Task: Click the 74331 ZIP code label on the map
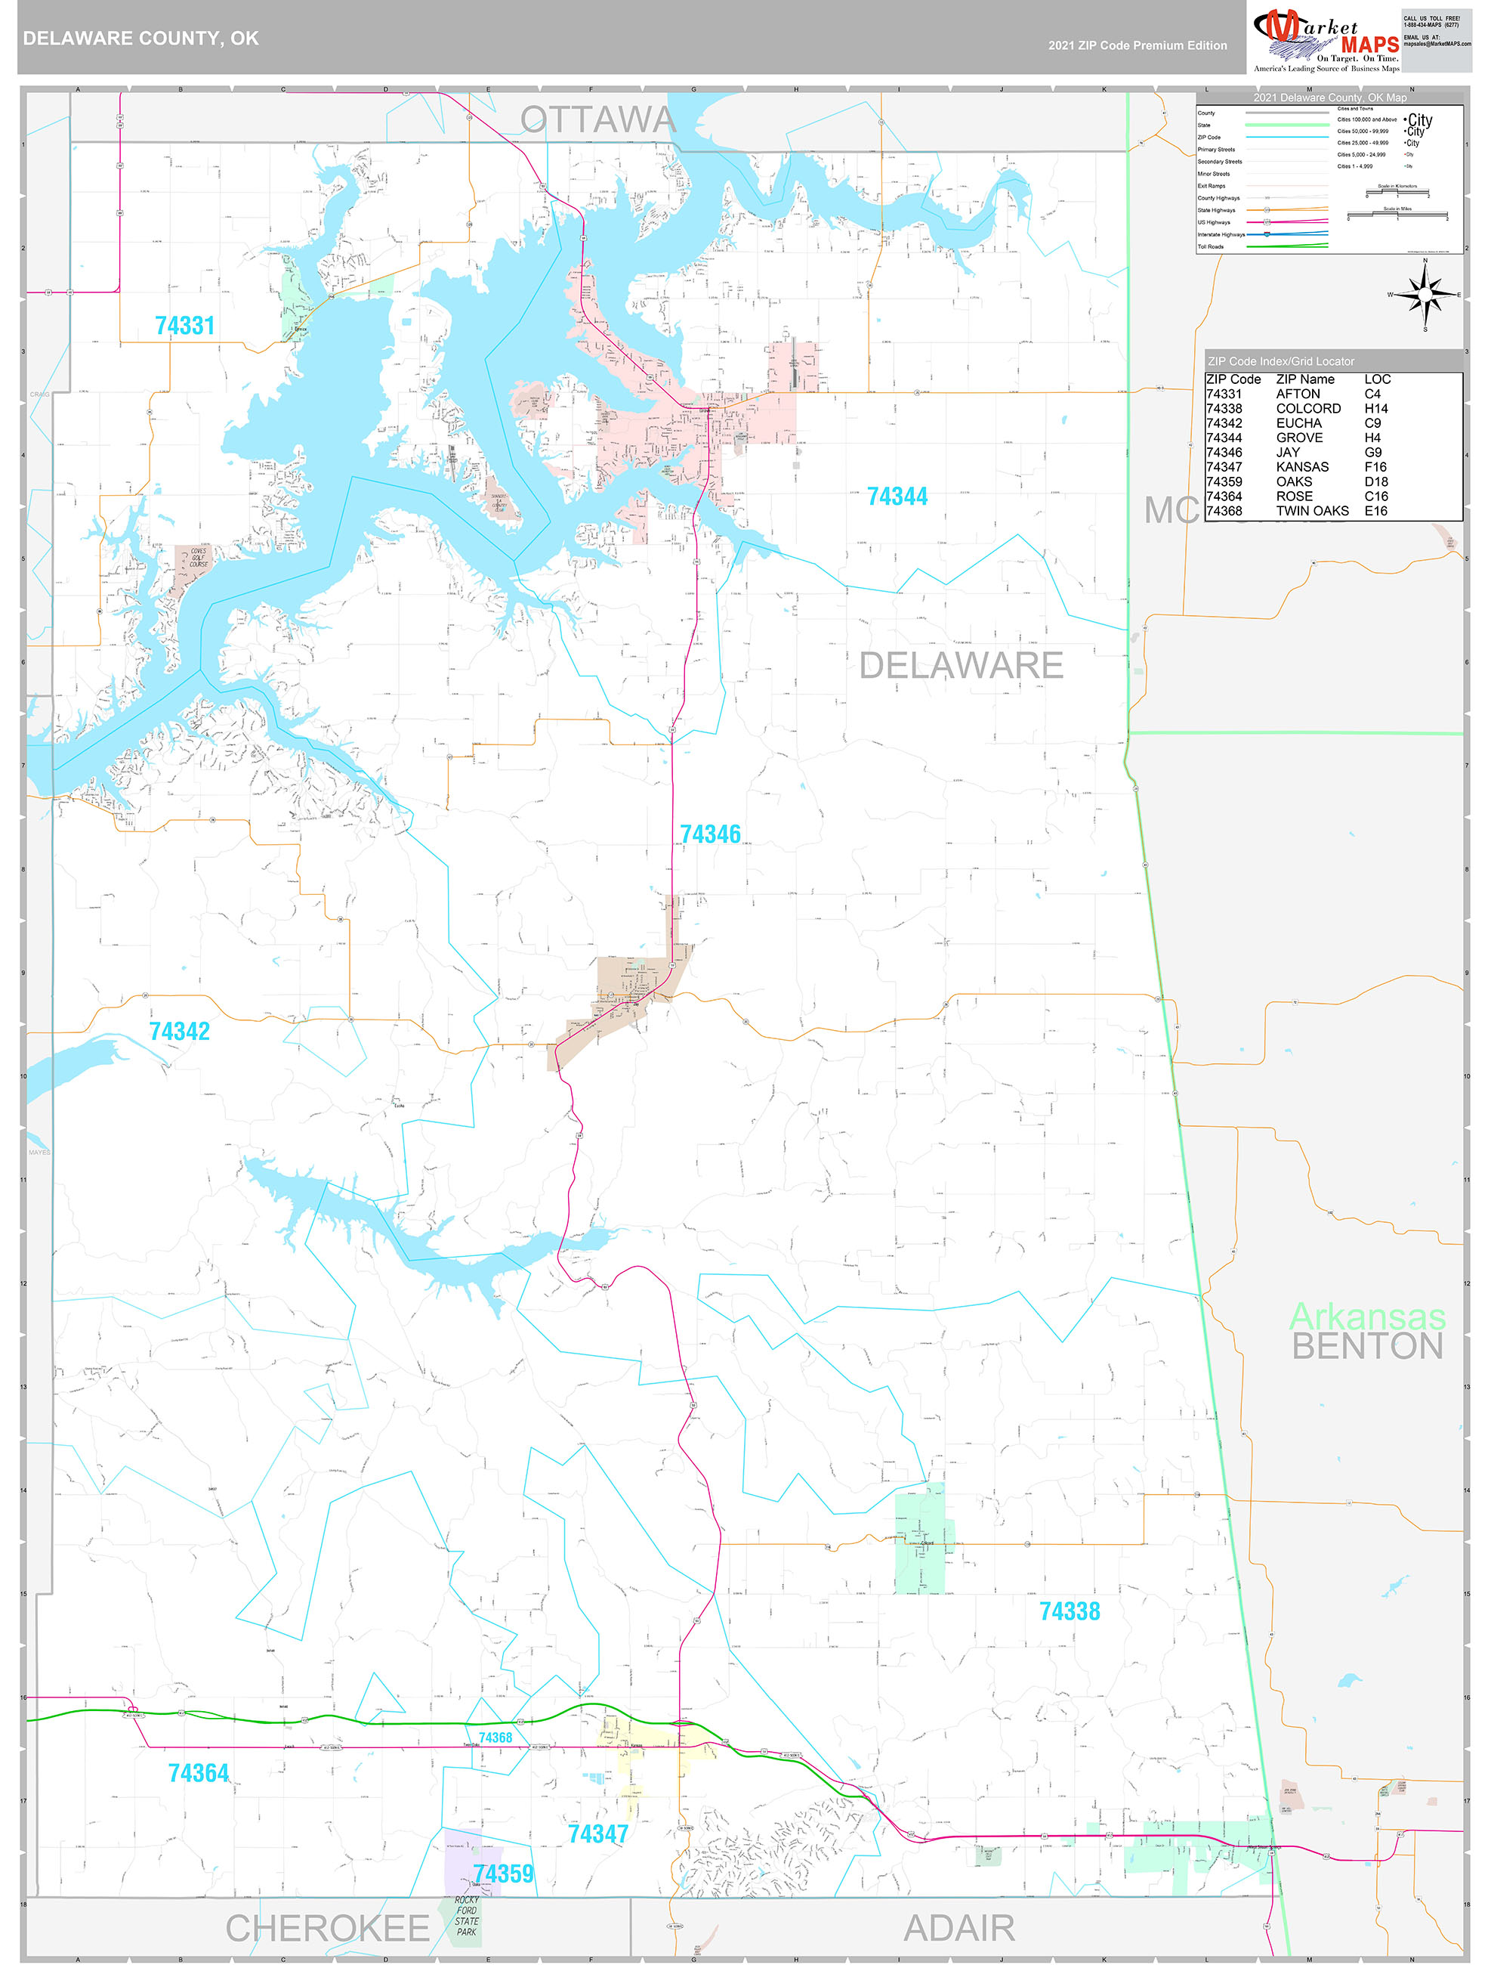point(185,326)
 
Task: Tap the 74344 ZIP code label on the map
point(897,497)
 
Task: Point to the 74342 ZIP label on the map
point(179,1032)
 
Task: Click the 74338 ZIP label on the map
point(1070,1611)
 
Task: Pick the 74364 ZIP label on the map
point(198,1773)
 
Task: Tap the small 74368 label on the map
point(495,1738)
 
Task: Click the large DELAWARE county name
point(961,665)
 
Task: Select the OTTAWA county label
point(597,120)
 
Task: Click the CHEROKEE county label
point(327,1929)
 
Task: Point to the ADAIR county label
point(958,1929)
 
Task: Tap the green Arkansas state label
point(1366,1316)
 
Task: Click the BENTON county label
point(1366,1347)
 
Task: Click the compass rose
point(1425,295)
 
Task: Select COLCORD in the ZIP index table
point(1308,409)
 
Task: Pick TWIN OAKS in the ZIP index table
point(1312,511)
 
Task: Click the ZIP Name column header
point(1304,379)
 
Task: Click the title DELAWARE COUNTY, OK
point(141,39)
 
